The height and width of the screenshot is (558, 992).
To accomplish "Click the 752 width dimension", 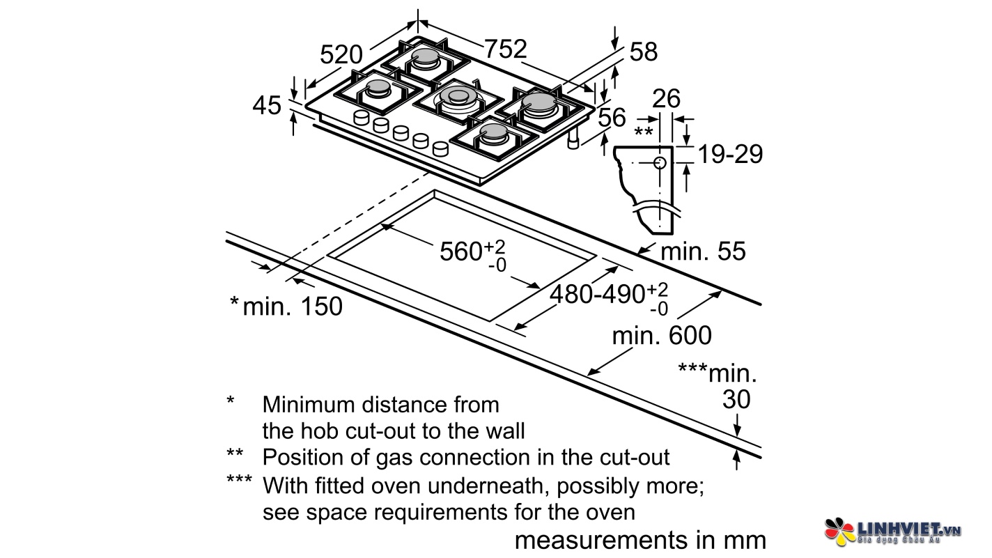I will (506, 49).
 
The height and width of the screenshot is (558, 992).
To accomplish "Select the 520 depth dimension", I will (342, 54).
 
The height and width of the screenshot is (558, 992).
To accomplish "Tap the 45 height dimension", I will (267, 106).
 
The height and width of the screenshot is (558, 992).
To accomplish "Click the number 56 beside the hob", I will (612, 118).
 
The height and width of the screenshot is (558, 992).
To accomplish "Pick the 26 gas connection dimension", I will (666, 99).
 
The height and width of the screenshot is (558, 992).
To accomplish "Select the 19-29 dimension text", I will (730, 154).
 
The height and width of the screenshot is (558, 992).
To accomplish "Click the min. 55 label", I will (702, 251).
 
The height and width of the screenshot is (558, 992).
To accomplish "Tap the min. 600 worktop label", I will (662, 336).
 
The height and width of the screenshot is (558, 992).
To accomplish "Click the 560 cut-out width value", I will (463, 251).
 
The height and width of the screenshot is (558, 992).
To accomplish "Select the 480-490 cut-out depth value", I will (597, 295).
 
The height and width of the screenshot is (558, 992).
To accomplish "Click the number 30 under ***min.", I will (736, 399).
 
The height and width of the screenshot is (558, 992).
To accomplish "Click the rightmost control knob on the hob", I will (440, 148).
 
